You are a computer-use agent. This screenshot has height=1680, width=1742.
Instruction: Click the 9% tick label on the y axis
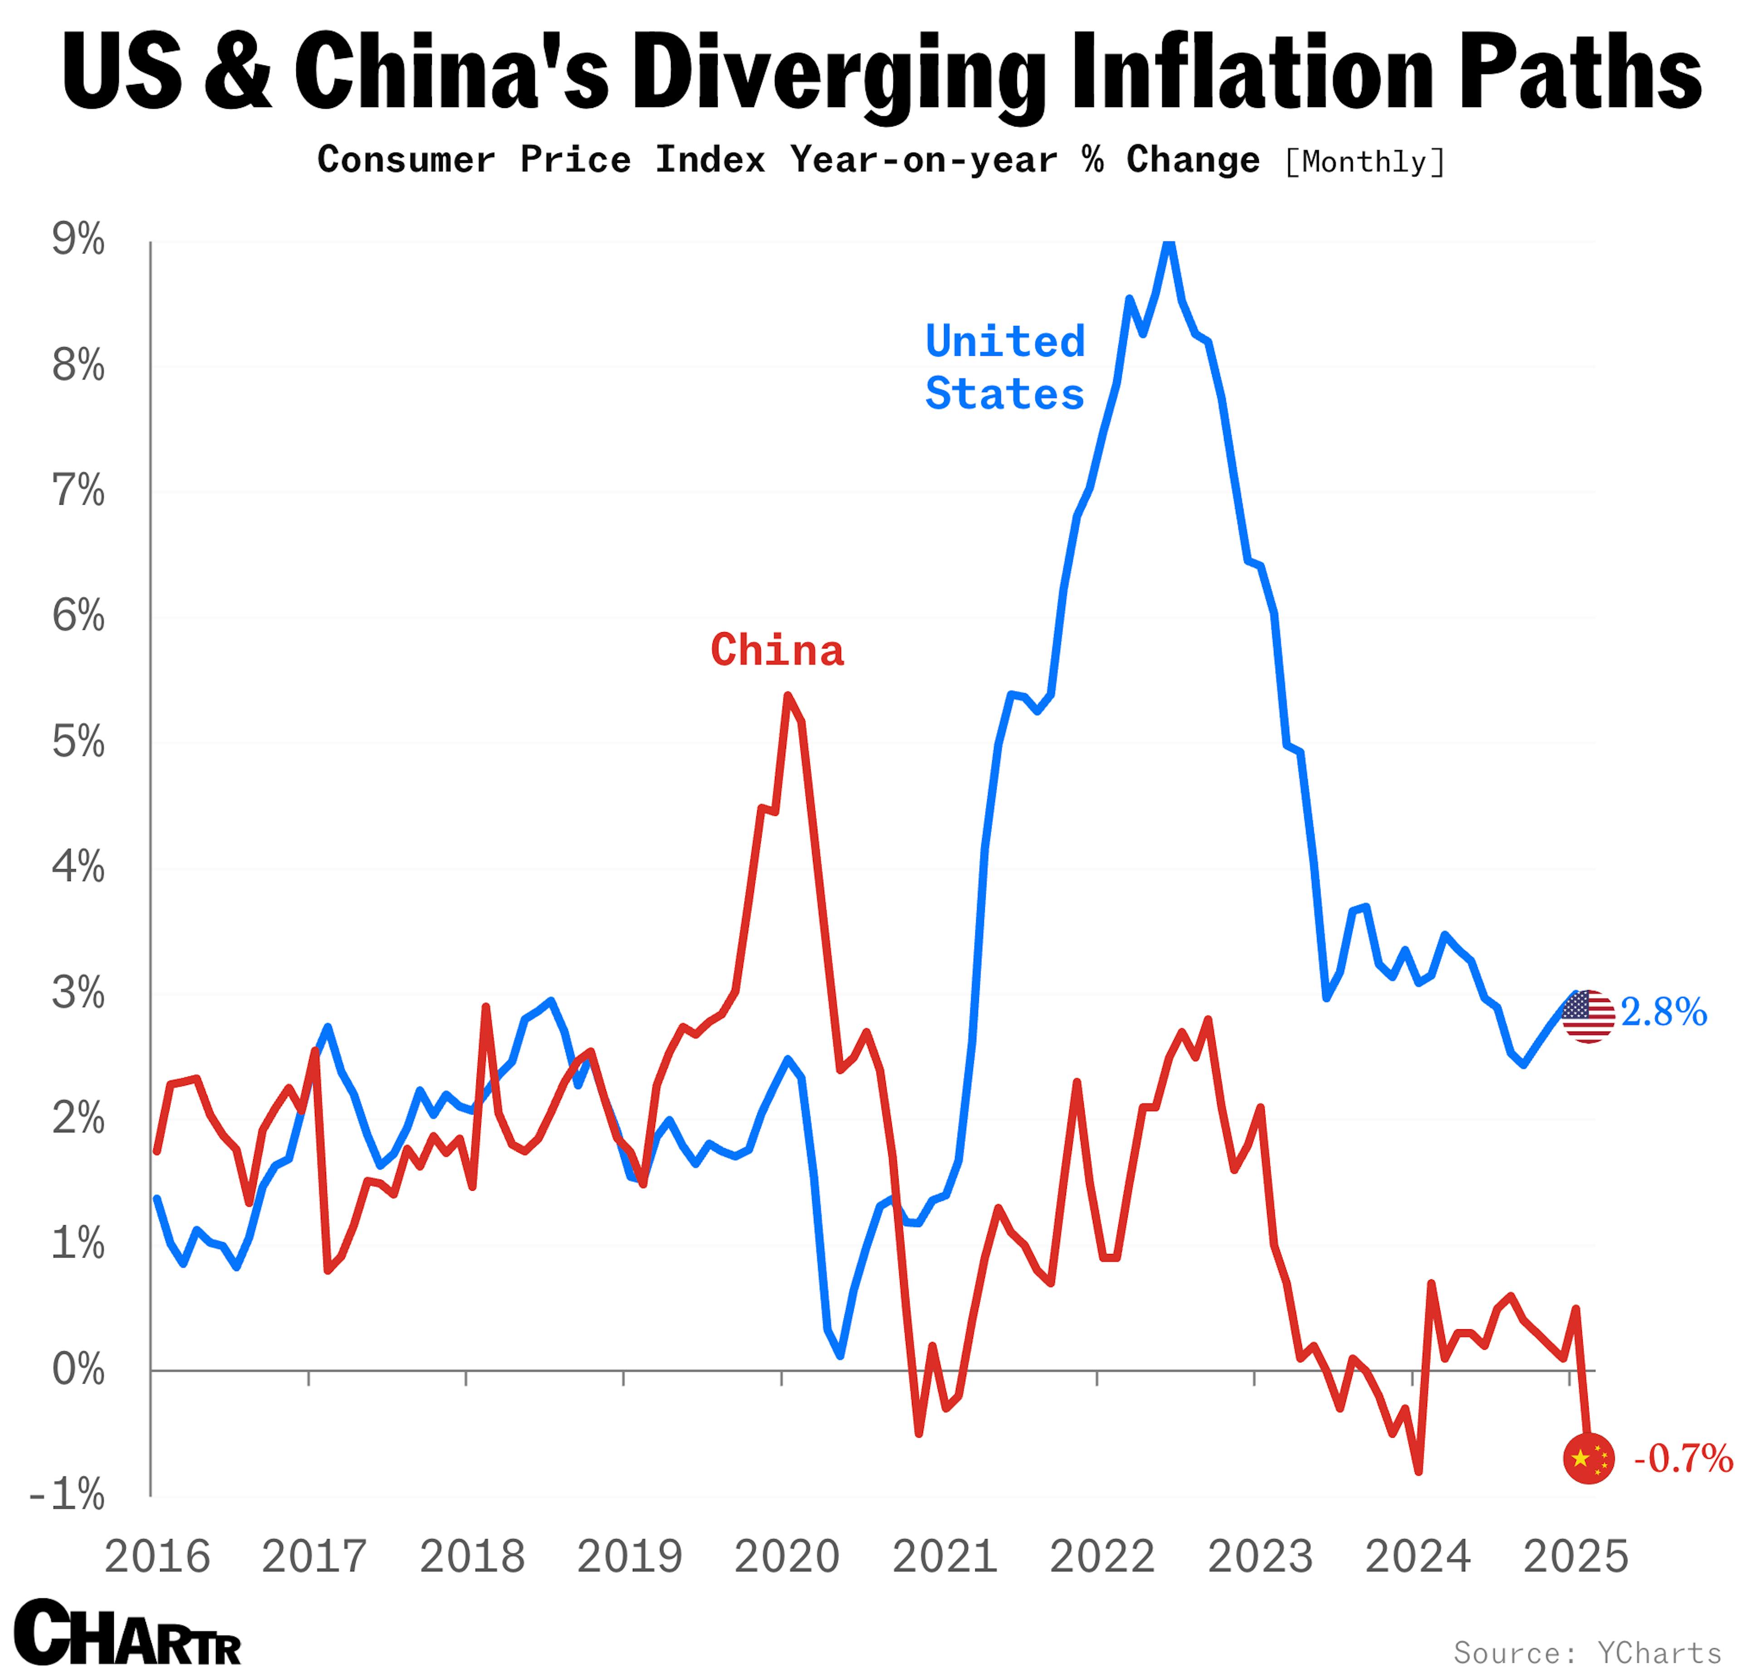click(x=78, y=240)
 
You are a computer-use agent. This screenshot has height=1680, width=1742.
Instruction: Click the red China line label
click(x=777, y=651)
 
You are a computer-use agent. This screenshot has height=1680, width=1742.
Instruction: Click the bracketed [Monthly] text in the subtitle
click(x=1364, y=162)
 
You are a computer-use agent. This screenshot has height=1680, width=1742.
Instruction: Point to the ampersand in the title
click(x=237, y=71)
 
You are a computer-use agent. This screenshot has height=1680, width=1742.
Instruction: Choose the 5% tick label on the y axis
click(x=78, y=742)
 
